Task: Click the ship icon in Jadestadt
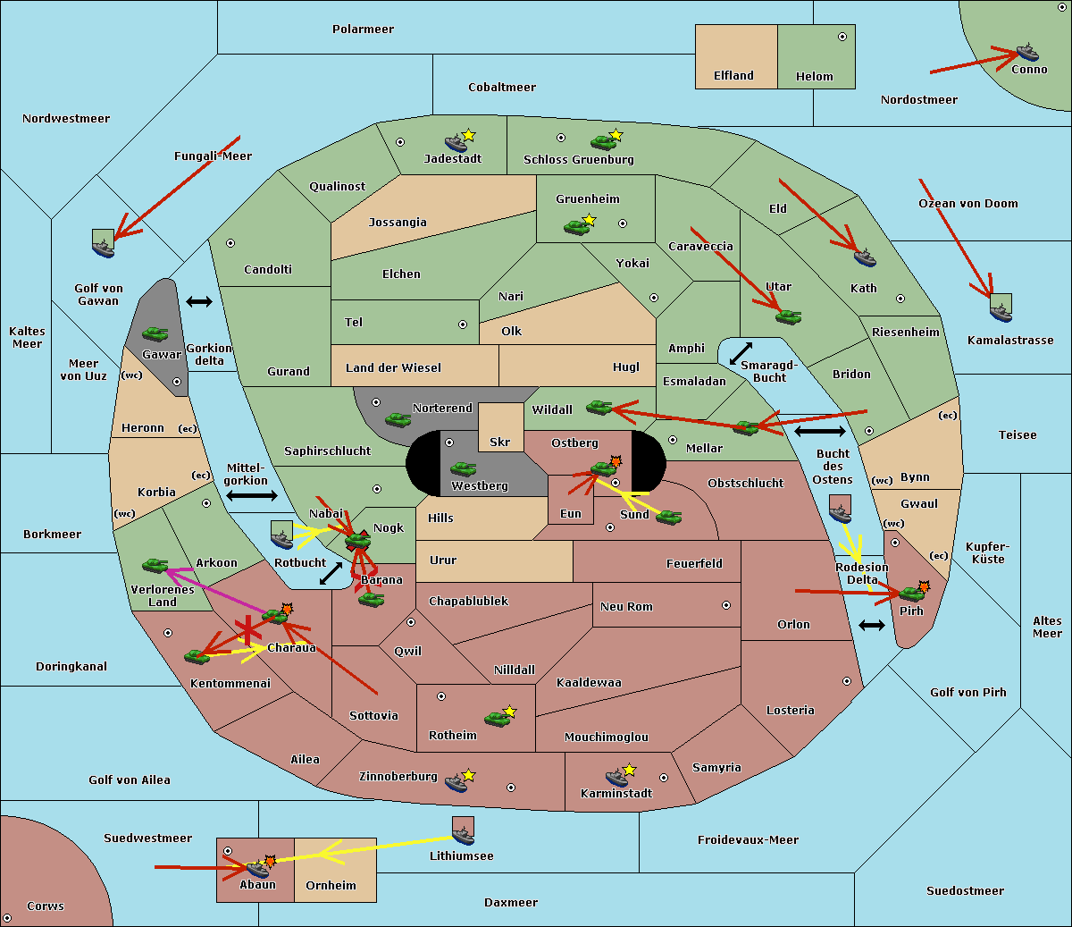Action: pyautogui.click(x=456, y=143)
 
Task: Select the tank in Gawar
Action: pyautogui.click(x=155, y=333)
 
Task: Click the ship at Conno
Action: pyautogui.click(x=1026, y=53)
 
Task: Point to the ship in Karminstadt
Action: pyautogui.click(x=616, y=778)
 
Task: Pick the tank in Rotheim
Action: pyautogui.click(x=497, y=719)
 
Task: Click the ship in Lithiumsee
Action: pyautogui.click(x=463, y=835)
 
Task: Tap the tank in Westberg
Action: pyautogui.click(x=463, y=468)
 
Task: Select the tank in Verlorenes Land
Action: pyautogui.click(x=155, y=565)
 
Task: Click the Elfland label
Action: pyautogui.click(x=733, y=76)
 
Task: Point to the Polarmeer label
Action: pyautogui.click(x=363, y=29)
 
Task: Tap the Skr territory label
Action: pyautogui.click(x=499, y=442)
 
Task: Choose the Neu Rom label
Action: pyautogui.click(x=626, y=606)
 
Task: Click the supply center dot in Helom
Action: pyautogui.click(x=842, y=37)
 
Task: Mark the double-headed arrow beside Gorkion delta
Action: pyautogui.click(x=199, y=301)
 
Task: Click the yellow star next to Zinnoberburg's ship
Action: pyautogui.click(x=468, y=775)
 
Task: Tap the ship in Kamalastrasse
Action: pyautogui.click(x=1001, y=312)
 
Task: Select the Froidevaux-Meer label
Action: pyautogui.click(x=748, y=839)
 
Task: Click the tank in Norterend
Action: pyautogui.click(x=398, y=419)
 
